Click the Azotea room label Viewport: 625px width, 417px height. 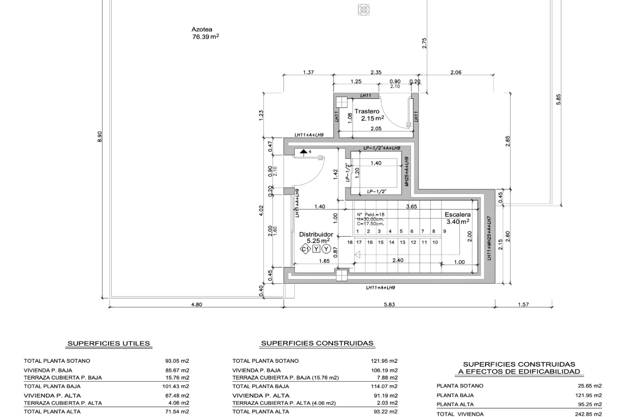(202, 29)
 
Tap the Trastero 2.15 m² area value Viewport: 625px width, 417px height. (372, 118)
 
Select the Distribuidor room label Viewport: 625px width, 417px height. (316, 234)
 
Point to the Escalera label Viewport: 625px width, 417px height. (458, 214)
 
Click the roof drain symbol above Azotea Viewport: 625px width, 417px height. (364, 9)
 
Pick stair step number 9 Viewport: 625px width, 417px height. (445, 231)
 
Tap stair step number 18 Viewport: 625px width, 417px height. (350, 242)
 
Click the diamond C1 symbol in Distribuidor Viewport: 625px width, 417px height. (305, 250)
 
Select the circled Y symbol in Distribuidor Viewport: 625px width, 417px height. (326, 249)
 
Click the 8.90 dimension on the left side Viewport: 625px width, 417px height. (100, 137)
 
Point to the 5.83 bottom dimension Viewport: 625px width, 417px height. (389, 305)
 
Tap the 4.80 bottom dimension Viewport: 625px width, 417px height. (197, 305)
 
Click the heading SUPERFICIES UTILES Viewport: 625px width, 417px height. (109, 343)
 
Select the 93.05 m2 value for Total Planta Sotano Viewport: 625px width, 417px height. (177, 361)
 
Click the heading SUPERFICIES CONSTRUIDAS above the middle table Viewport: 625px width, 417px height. (317, 343)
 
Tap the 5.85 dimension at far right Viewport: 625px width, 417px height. (559, 99)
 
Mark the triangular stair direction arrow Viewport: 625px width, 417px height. (357, 255)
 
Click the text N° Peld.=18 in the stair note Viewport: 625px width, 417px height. (370, 215)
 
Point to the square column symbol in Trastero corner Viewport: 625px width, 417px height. (342, 102)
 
